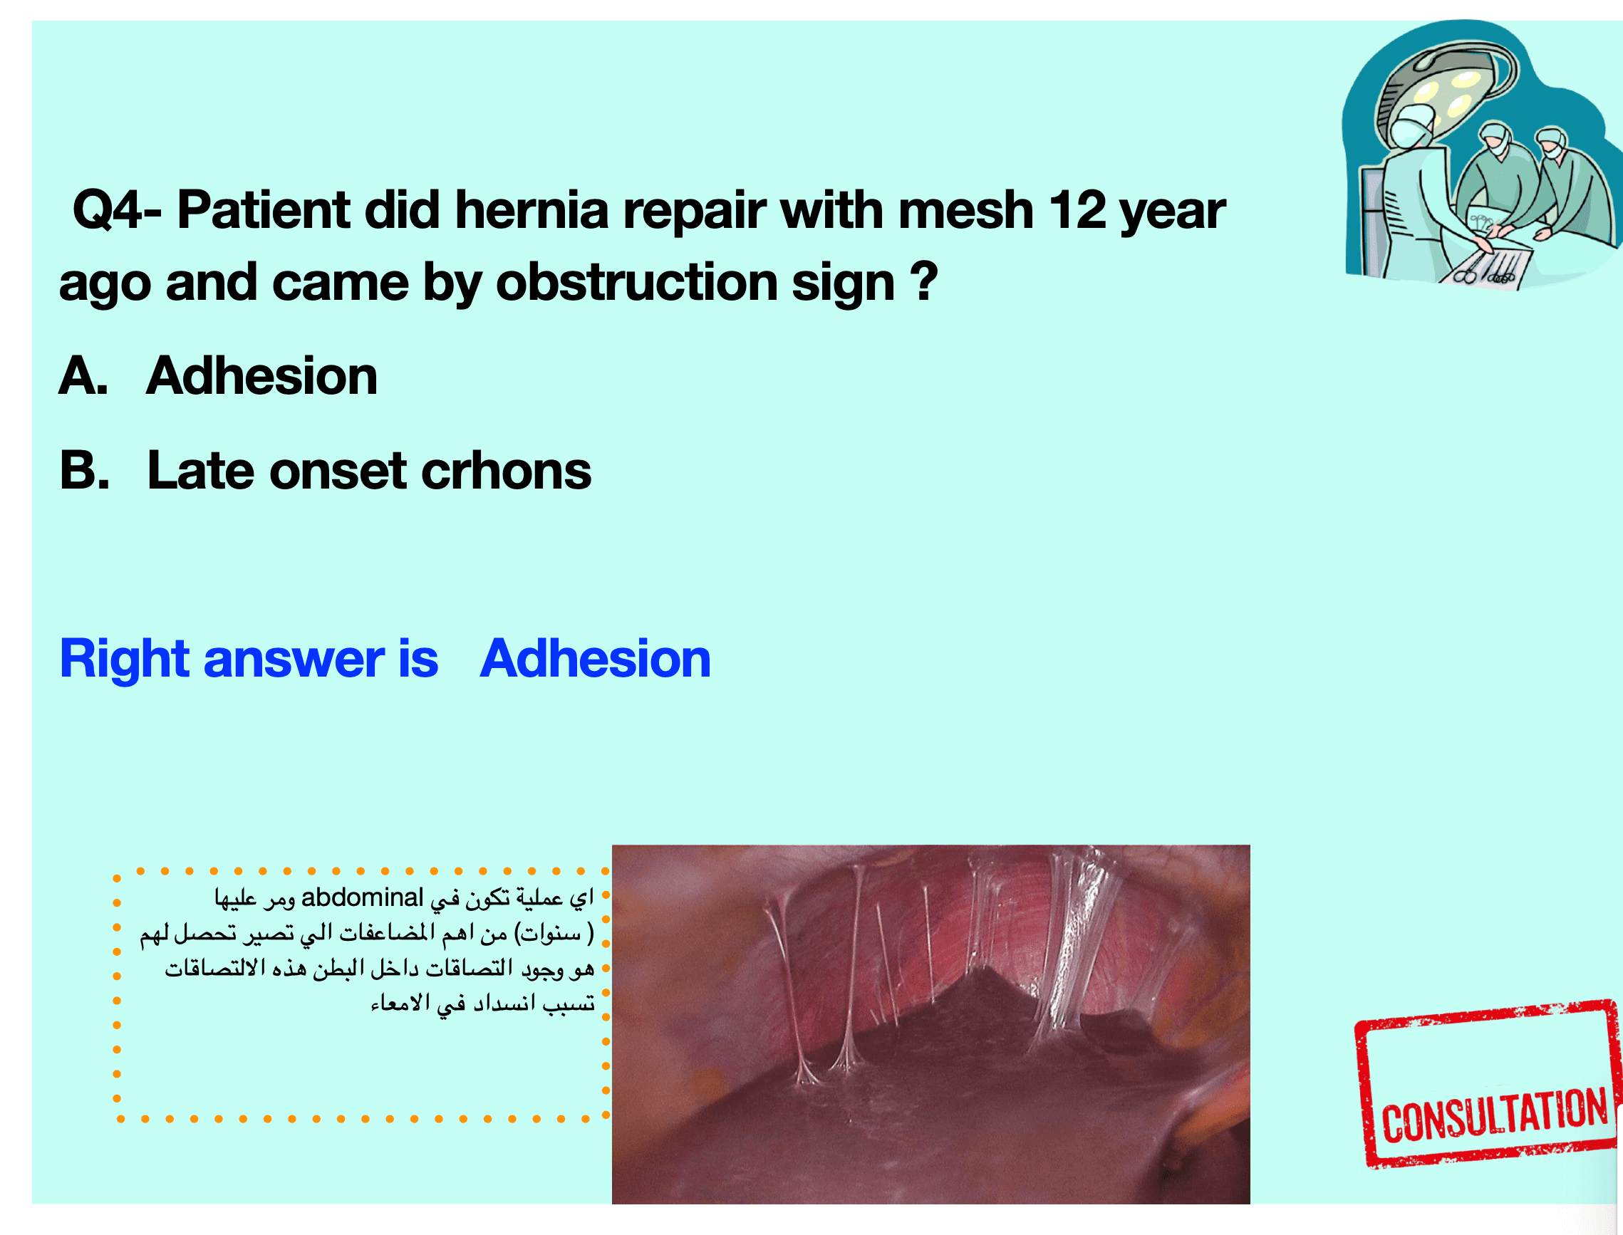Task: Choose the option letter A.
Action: (x=83, y=375)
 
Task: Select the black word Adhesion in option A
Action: (x=261, y=375)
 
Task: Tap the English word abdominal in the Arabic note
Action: (x=363, y=897)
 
